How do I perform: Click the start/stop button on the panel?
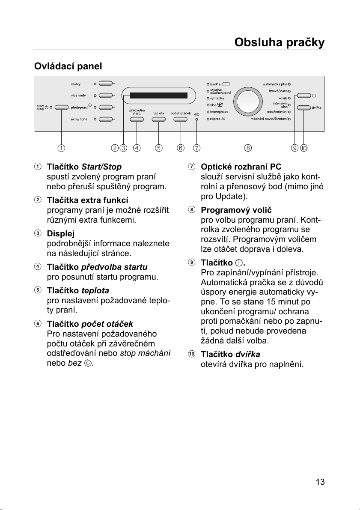pos(62,107)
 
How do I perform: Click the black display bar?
pos(158,95)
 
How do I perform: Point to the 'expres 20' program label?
pos(217,118)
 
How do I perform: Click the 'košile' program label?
pos(281,98)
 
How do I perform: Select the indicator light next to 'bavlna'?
pos(207,84)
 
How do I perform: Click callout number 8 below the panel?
pos(248,148)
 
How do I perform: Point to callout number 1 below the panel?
pos(62,148)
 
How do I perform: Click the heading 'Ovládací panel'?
pos(68,67)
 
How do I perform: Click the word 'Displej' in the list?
pos(61,233)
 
